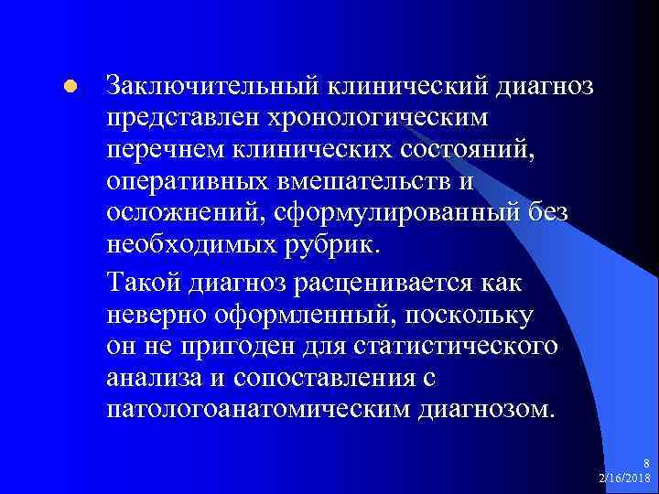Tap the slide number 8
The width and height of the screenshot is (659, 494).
point(647,465)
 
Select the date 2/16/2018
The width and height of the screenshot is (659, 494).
point(624,478)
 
